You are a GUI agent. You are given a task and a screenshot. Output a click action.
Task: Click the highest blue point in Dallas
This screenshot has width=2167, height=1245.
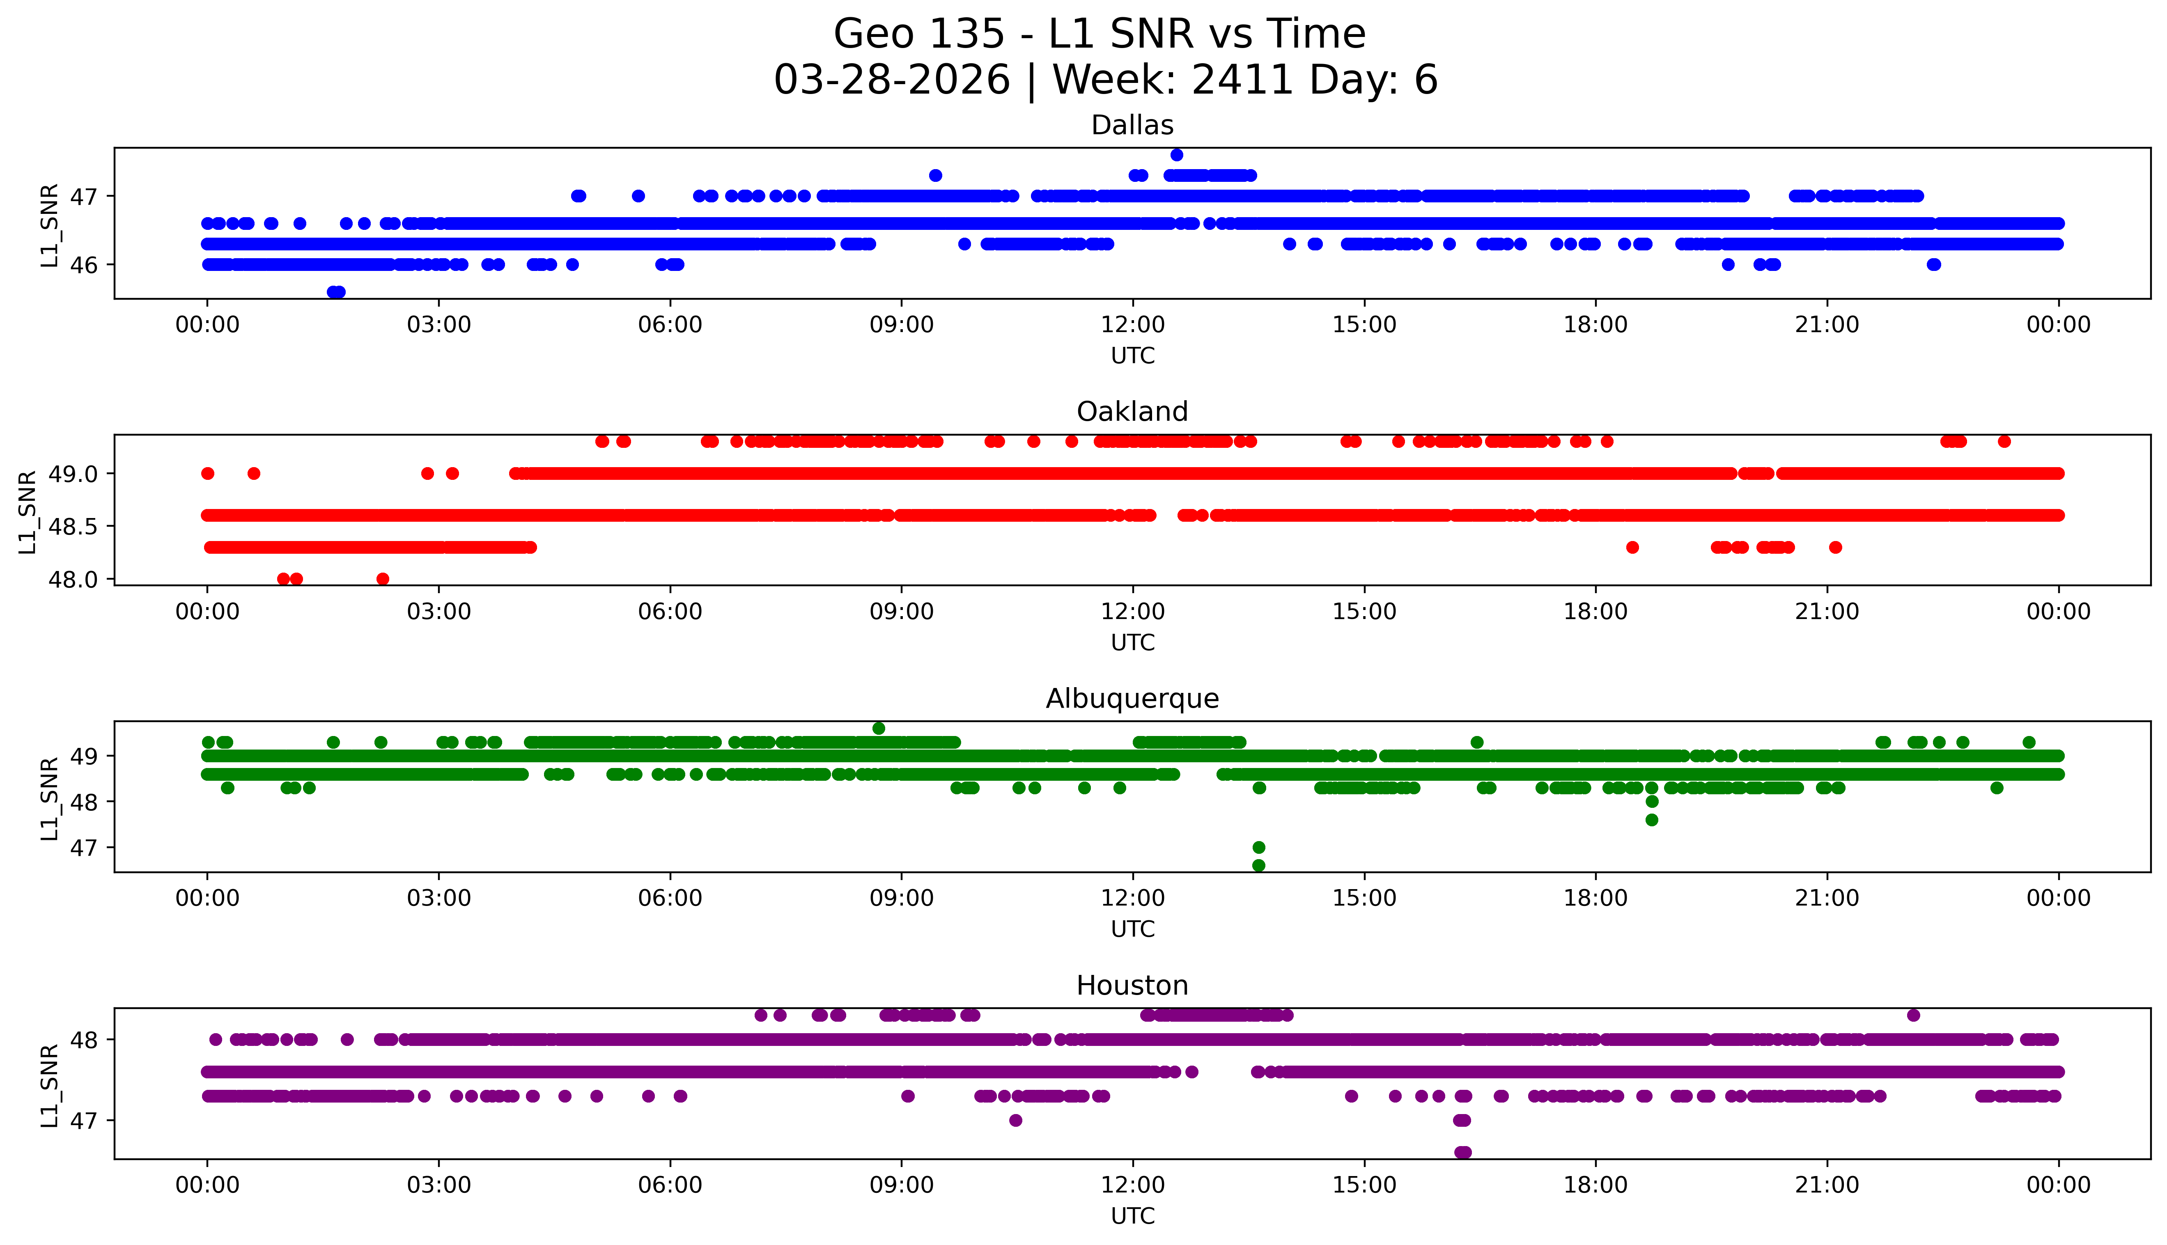pos(1177,155)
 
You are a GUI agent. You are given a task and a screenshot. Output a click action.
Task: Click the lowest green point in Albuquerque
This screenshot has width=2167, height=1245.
pos(1259,865)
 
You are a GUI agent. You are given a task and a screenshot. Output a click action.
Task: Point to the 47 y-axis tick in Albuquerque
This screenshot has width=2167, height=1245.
pos(84,847)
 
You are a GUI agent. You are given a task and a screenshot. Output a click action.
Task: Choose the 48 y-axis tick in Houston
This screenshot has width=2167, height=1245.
pos(84,1040)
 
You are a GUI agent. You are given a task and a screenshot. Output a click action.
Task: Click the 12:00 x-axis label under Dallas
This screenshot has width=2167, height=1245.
pos(1132,325)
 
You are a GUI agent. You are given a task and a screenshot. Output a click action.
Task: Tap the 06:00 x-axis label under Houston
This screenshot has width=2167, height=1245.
pos(670,1185)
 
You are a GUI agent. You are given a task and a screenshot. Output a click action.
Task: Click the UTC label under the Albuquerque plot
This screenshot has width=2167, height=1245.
pos(1132,929)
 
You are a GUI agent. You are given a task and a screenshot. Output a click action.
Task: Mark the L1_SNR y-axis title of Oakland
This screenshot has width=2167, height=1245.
pos(28,511)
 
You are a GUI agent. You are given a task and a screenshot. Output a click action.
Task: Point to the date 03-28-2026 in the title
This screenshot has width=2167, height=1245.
pos(892,80)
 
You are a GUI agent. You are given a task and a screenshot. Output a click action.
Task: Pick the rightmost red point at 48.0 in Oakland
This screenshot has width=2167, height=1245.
pos(383,579)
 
